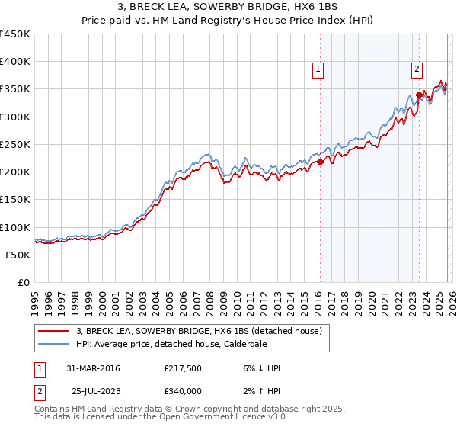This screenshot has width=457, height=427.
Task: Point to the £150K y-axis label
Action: click(15, 200)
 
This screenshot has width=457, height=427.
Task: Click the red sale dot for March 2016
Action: click(320, 162)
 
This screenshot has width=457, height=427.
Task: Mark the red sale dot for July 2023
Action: click(419, 95)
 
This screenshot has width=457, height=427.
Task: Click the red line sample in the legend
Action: click(54, 331)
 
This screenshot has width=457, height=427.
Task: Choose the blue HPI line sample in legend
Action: click(54, 344)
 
